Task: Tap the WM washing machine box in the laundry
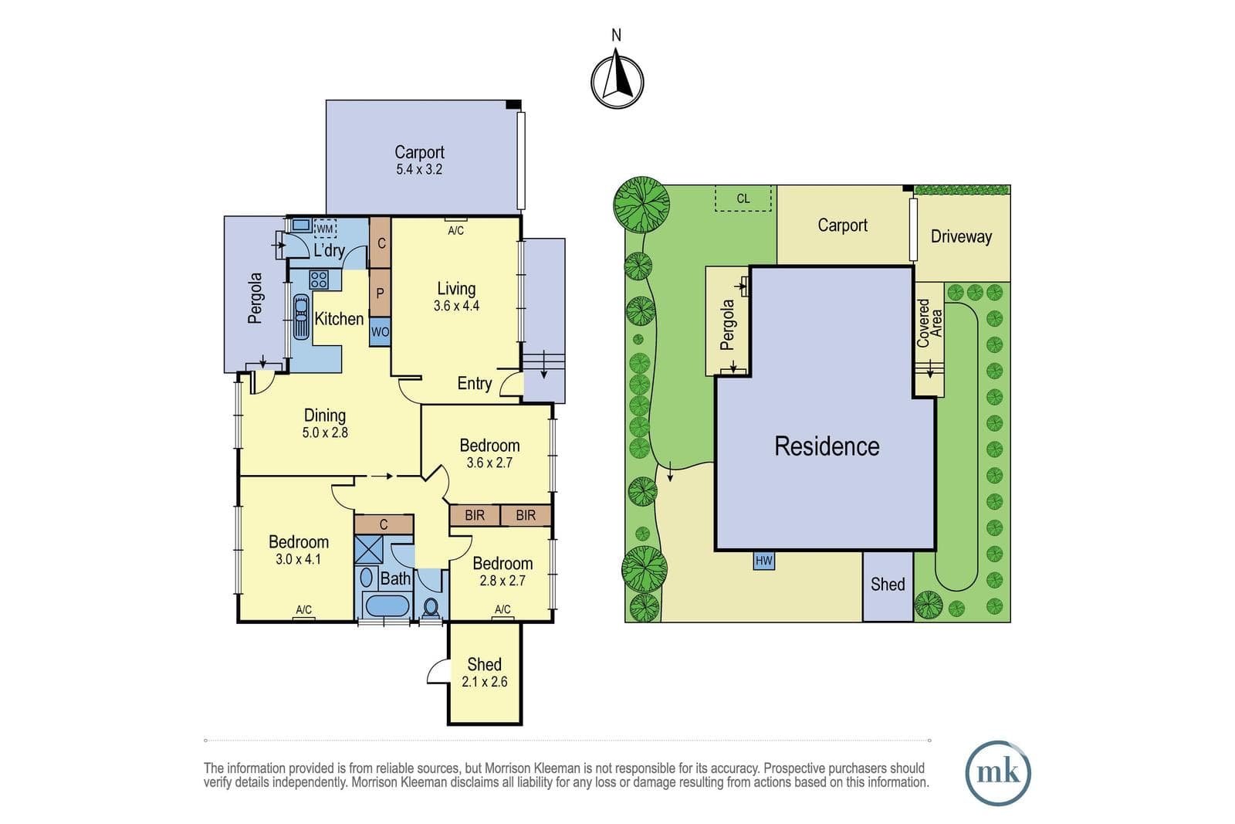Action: coord(325,229)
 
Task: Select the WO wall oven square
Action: coord(380,332)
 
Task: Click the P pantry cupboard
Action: coord(380,293)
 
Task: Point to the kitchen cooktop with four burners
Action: coord(319,280)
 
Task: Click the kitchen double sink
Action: coord(301,317)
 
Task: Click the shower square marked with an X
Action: coord(368,549)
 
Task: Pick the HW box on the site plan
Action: coord(763,561)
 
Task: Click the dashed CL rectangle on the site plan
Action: coord(743,198)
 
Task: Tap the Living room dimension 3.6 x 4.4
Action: coord(456,306)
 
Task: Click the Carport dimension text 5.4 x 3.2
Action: coord(419,169)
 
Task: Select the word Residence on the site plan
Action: coord(827,446)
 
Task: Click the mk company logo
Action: coord(998,773)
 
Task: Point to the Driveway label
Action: coord(962,236)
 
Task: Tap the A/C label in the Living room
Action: coord(456,231)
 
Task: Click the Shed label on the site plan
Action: coord(888,584)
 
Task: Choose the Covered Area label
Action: coord(929,324)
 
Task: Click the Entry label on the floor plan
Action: coord(475,383)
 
